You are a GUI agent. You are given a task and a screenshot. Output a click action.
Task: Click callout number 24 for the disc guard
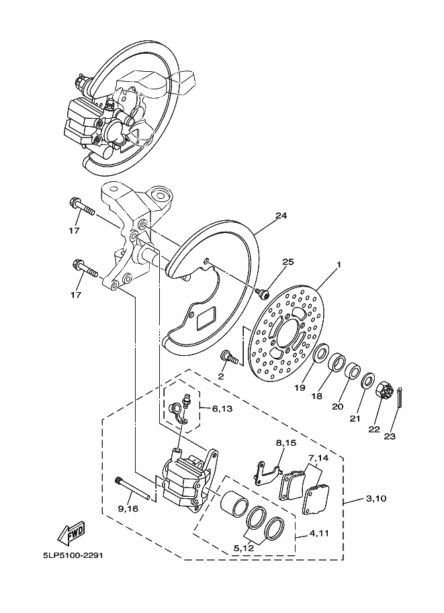[281, 216]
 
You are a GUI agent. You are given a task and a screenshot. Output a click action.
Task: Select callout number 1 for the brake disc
[339, 265]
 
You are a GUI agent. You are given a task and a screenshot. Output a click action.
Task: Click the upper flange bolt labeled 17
[82, 207]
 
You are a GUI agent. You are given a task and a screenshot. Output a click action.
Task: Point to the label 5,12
[245, 548]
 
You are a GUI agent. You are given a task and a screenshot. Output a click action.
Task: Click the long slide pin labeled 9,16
[134, 489]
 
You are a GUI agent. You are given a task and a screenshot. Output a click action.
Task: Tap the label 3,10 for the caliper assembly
[377, 498]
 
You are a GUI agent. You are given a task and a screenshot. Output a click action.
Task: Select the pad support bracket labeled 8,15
[267, 473]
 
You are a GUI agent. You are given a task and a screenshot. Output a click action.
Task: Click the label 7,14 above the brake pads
[318, 457]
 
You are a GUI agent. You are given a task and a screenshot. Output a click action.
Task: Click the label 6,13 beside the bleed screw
[222, 408]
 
